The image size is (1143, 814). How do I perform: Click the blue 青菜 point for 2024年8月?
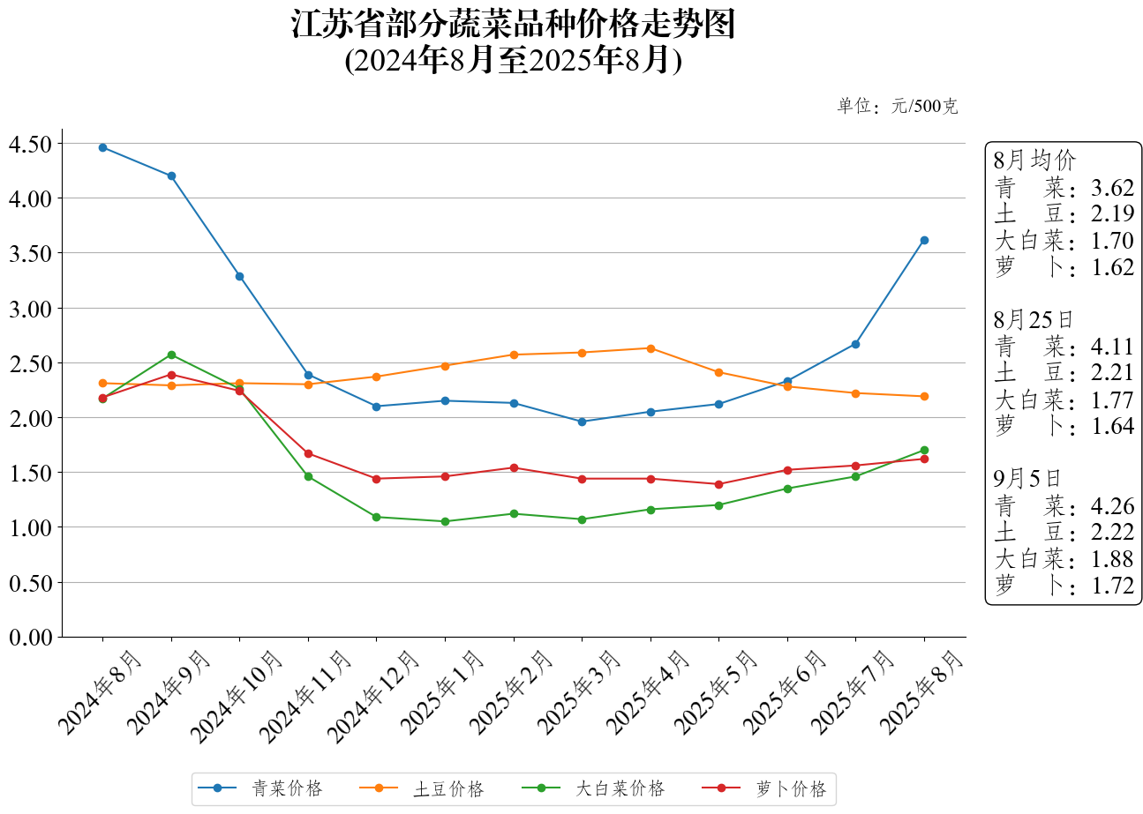coord(102,147)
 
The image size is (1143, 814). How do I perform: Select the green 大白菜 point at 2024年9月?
coord(171,355)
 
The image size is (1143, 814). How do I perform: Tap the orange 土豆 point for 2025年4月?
coord(650,348)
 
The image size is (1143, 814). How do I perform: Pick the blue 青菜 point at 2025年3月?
coord(582,422)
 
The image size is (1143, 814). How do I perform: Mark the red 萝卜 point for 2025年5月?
coord(718,484)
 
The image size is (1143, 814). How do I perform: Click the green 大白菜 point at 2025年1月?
coord(445,521)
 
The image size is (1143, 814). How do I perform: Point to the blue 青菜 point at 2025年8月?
coord(924,240)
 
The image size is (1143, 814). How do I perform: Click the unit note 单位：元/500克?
coord(897,107)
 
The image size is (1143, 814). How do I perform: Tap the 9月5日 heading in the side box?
coord(1028,479)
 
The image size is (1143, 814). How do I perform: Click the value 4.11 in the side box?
coord(1112,347)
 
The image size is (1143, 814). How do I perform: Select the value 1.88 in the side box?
coord(1112,559)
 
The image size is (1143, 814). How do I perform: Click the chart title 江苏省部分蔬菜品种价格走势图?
coord(513,25)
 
